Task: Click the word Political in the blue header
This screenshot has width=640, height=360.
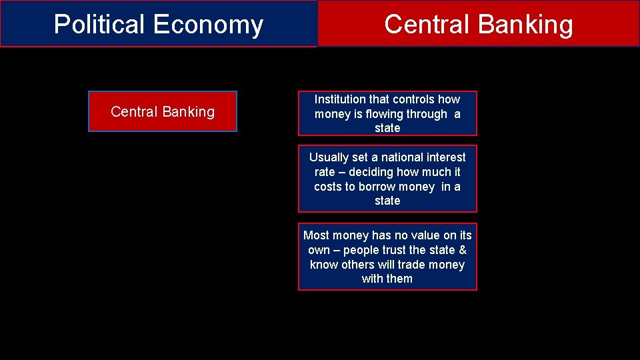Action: (100, 25)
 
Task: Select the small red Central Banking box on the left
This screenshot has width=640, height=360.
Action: (163, 112)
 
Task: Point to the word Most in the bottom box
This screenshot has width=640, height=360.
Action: (316, 235)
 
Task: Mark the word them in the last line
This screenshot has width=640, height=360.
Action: (399, 279)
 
